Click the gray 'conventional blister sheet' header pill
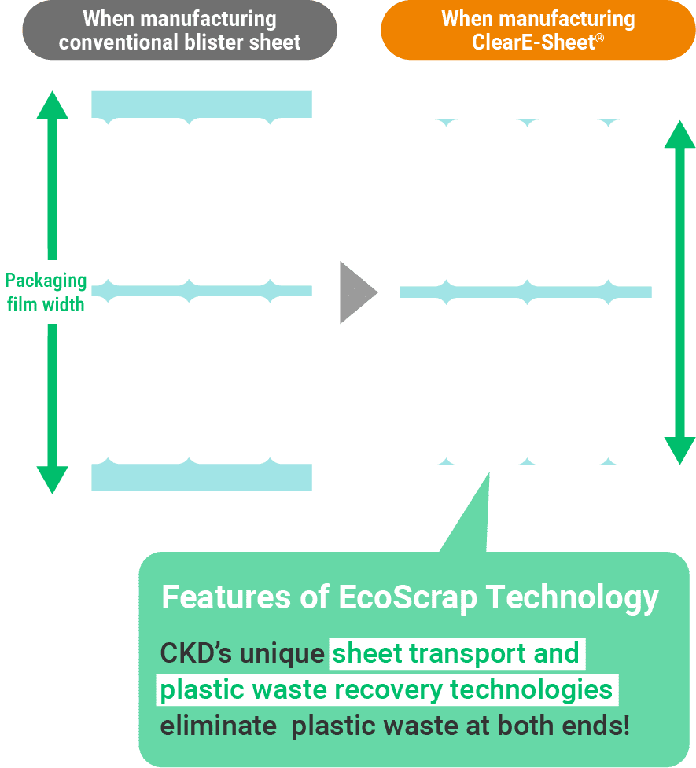(x=179, y=30)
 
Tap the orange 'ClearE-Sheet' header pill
(x=538, y=30)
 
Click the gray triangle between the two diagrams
(x=356, y=292)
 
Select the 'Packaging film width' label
(x=46, y=292)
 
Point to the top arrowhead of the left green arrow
(x=53, y=105)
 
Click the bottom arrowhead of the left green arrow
(x=53, y=479)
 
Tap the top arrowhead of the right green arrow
(x=679, y=134)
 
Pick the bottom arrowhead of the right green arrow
(x=679, y=450)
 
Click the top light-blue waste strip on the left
(x=201, y=105)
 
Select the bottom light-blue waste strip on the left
(x=201, y=477)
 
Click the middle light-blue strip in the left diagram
(x=201, y=291)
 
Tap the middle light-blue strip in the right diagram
(x=525, y=292)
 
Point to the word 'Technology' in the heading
(x=572, y=597)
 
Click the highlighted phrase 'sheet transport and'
(x=455, y=653)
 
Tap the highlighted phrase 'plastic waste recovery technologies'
(x=386, y=689)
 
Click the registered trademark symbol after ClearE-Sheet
(x=599, y=35)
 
